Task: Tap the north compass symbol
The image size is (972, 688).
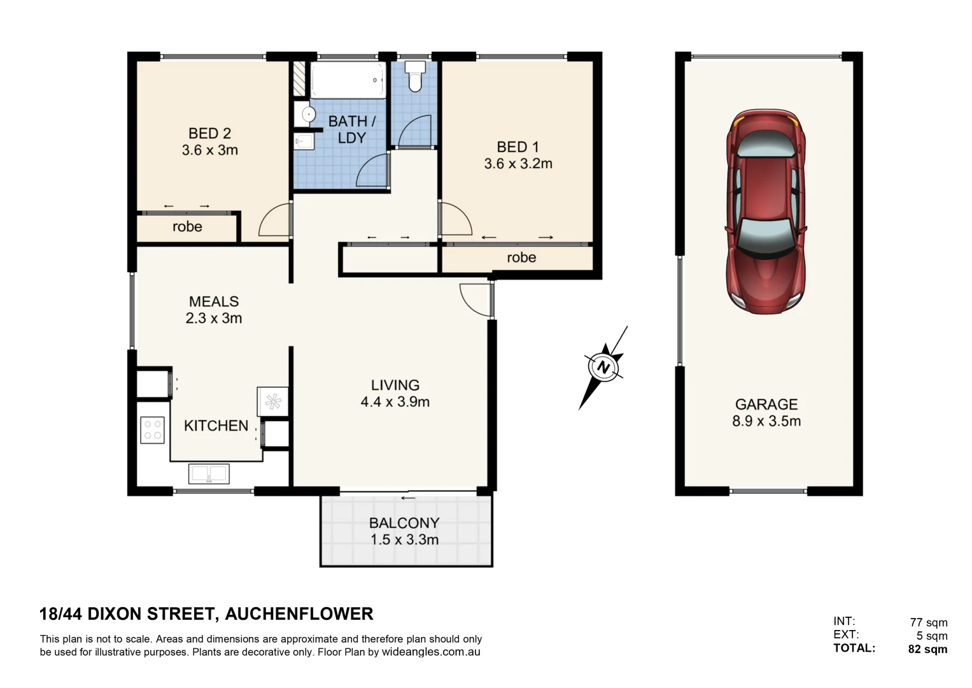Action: tap(603, 368)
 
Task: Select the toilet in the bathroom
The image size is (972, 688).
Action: tap(415, 76)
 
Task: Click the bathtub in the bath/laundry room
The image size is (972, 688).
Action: tap(348, 80)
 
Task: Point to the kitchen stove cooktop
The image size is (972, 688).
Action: tap(153, 429)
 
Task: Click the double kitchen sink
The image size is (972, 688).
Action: tap(209, 474)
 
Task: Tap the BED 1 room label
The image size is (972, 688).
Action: tap(518, 147)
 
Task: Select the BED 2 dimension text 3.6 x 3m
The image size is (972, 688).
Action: tap(209, 150)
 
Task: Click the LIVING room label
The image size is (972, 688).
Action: tap(395, 385)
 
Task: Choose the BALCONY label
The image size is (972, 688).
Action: tap(404, 523)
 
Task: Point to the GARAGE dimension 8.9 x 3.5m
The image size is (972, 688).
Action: tap(766, 421)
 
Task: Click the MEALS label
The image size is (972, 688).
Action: tap(214, 302)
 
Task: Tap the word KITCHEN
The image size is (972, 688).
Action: tap(216, 426)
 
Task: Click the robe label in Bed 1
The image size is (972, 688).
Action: tap(521, 258)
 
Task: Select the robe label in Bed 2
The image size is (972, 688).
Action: tap(187, 227)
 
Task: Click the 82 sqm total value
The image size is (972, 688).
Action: tap(927, 649)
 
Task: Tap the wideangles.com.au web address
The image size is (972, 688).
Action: tap(431, 652)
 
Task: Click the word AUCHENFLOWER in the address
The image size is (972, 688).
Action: tap(299, 614)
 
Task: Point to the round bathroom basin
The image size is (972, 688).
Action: tap(308, 115)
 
